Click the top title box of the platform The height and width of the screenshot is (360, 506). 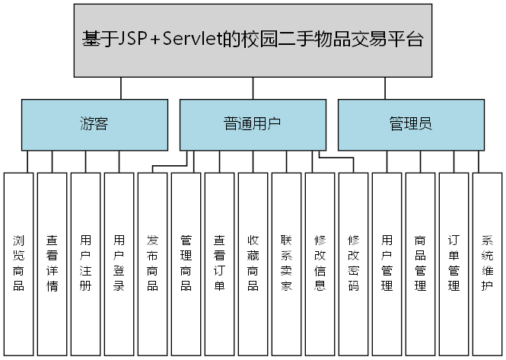(x=252, y=40)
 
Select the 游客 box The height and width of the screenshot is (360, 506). (x=94, y=124)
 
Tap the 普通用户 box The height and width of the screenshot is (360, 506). (x=253, y=124)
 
